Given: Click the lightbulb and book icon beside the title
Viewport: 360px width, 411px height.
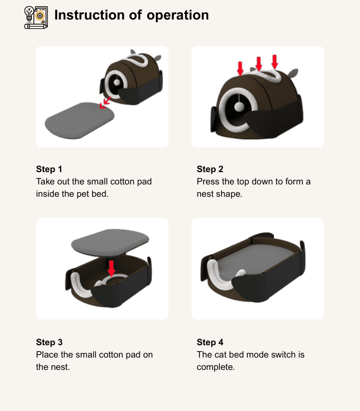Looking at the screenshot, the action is tap(36, 17).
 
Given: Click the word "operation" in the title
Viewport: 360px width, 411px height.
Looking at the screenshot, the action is tap(177, 16).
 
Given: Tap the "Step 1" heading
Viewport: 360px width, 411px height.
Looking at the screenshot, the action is tap(49, 169).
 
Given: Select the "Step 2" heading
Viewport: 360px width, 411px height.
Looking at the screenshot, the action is tap(210, 169).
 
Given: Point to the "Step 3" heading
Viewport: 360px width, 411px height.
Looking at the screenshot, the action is tap(49, 342).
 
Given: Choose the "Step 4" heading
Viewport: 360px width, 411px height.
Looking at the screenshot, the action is tap(210, 342).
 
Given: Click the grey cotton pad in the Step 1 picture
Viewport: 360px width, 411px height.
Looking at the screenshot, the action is tap(80, 120).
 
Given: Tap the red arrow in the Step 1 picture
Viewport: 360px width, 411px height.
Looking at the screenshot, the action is tap(105, 102).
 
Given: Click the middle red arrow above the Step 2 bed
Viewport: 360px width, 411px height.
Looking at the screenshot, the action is tap(259, 63).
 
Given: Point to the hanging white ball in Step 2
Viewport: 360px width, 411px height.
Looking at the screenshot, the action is tap(239, 106).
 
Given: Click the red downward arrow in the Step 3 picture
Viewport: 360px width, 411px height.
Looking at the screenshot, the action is tap(112, 268).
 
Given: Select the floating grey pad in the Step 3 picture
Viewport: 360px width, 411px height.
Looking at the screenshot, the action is tap(110, 242).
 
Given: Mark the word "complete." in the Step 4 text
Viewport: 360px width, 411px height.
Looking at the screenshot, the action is tap(215, 367).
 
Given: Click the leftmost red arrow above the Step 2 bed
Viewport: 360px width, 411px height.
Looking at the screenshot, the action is tap(240, 69).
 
